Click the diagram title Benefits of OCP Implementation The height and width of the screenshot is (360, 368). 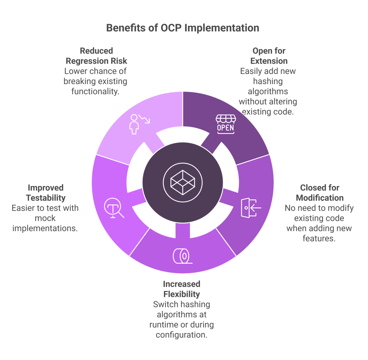point(182,28)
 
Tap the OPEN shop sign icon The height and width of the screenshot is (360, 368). point(225,124)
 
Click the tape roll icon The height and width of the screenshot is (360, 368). point(181,255)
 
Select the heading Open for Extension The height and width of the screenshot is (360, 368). point(269,55)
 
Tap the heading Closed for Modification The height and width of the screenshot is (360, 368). point(319,193)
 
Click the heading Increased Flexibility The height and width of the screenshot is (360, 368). point(181,289)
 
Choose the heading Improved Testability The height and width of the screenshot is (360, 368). point(45,193)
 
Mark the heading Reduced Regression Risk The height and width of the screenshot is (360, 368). point(96,55)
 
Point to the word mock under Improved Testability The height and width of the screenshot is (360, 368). point(45,218)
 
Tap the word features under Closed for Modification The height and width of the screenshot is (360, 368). point(319,238)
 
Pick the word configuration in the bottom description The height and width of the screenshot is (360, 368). point(181,335)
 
